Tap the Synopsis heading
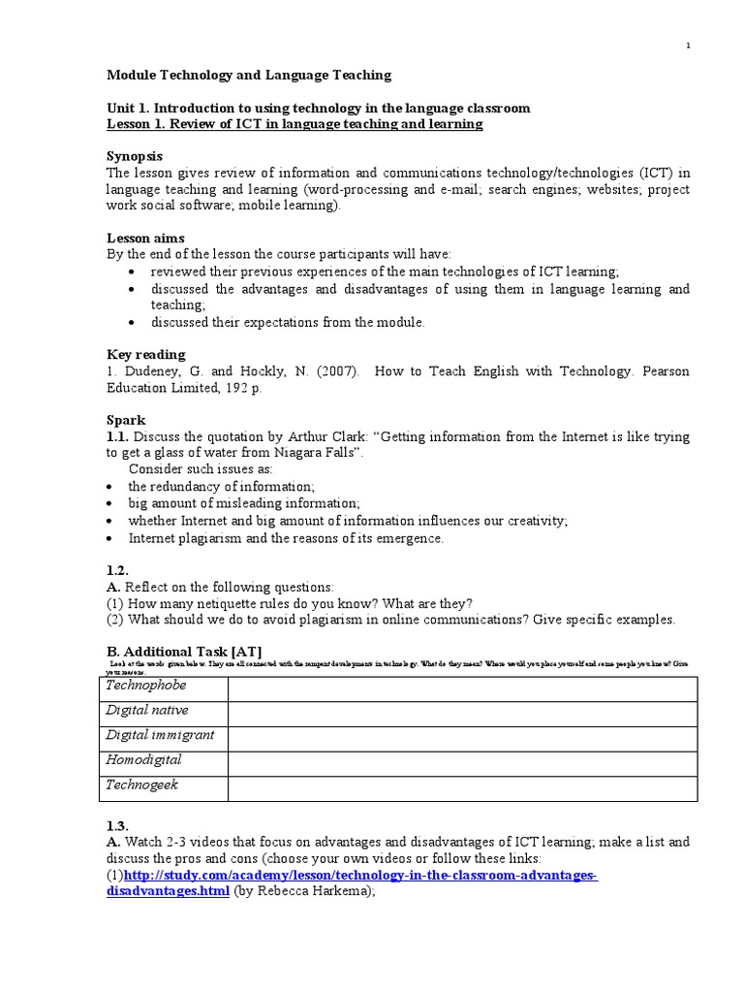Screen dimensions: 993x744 coord(134,156)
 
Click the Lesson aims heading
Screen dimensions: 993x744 coord(144,238)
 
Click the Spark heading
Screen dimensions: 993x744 coord(125,421)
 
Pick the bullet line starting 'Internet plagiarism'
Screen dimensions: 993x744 coord(286,538)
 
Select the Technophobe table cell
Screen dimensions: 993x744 coord(164,688)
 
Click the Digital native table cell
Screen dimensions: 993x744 coord(164,713)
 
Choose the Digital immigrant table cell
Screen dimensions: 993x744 coord(164,738)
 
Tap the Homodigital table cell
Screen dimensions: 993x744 coord(164,762)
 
